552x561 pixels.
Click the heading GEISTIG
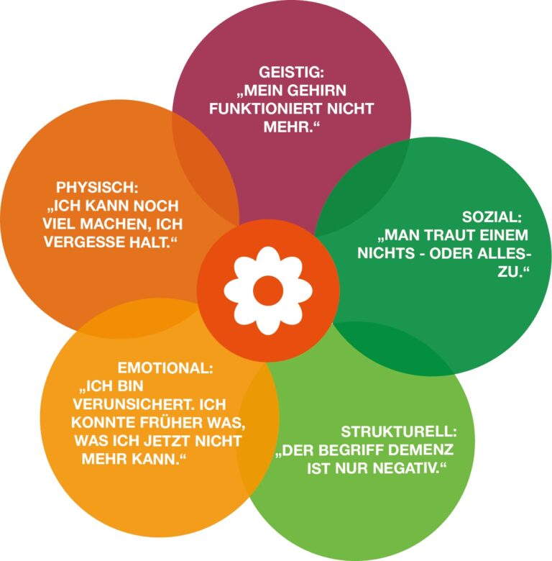(x=291, y=73)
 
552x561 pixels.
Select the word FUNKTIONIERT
(x=255, y=109)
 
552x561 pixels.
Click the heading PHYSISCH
(x=96, y=187)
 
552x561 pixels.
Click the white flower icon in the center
(x=268, y=290)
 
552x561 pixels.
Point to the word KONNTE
(x=97, y=422)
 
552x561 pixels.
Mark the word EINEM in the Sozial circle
(x=508, y=235)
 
